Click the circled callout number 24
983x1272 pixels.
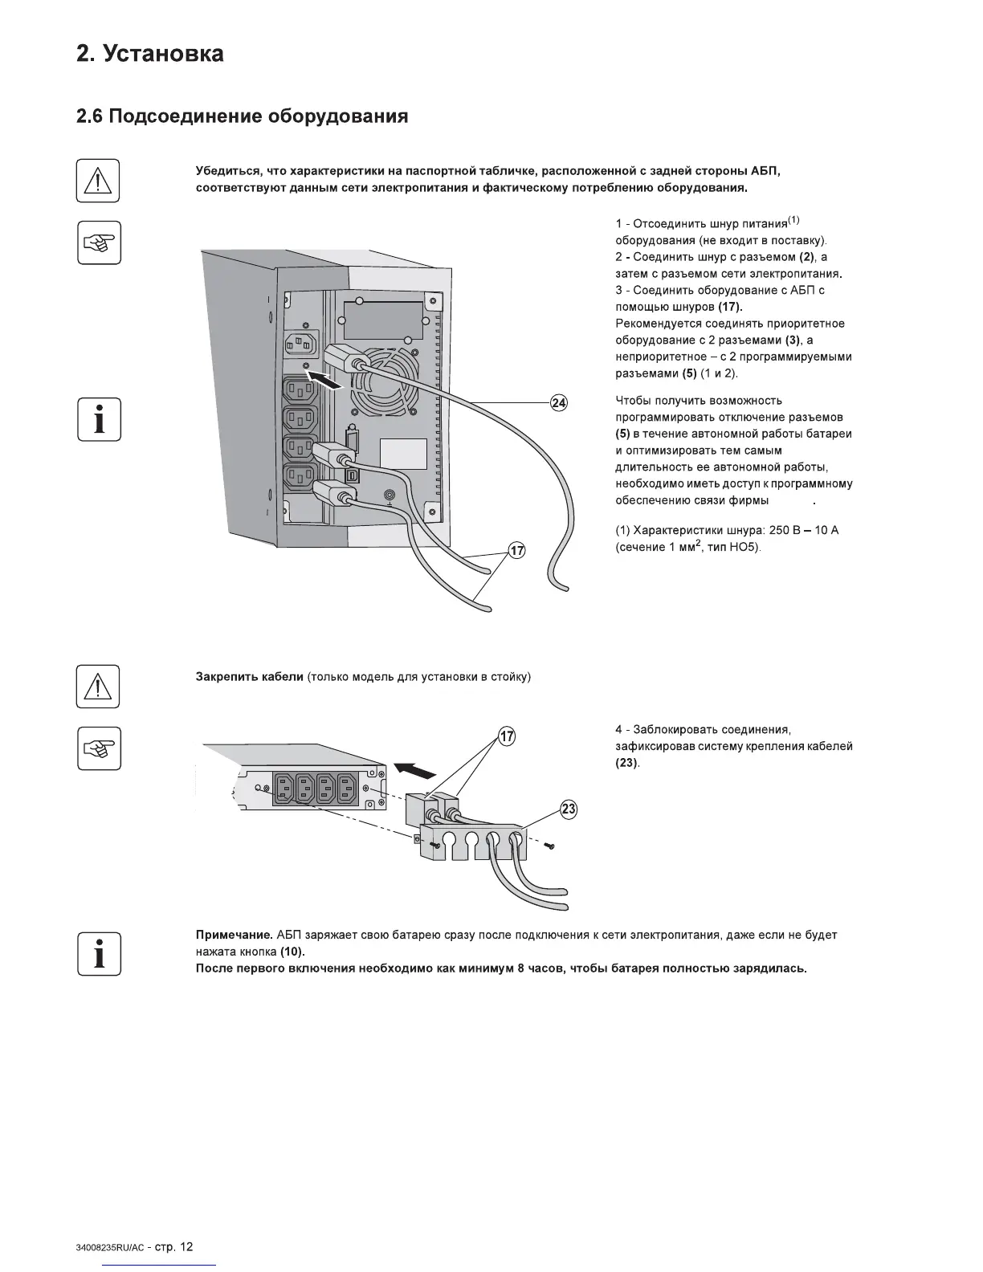click(x=559, y=402)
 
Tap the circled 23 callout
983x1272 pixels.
click(x=569, y=809)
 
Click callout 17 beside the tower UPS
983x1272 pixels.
click(x=516, y=550)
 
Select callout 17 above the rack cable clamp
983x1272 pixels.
click(x=507, y=736)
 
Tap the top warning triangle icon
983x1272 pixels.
click(x=98, y=181)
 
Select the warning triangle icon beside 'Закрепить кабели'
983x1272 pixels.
click(x=98, y=687)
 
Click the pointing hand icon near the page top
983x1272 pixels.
click(x=99, y=242)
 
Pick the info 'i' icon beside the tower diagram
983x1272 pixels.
click(x=99, y=419)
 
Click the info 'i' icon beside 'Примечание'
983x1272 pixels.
click(x=99, y=954)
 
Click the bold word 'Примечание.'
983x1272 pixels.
click(x=235, y=935)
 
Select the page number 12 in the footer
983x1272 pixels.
click(x=186, y=1247)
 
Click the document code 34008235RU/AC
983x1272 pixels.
click(x=109, y=1248)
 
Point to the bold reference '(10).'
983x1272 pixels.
click(x=293, y=952)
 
